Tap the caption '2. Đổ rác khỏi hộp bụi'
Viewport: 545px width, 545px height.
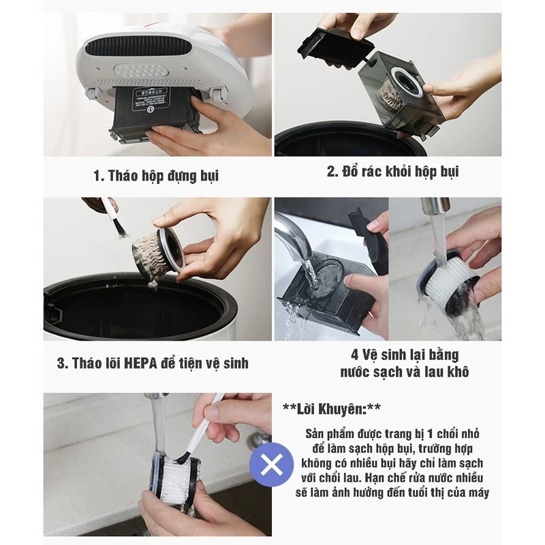392,172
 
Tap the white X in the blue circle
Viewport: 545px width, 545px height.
271,466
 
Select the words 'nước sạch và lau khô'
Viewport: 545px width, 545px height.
405,373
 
